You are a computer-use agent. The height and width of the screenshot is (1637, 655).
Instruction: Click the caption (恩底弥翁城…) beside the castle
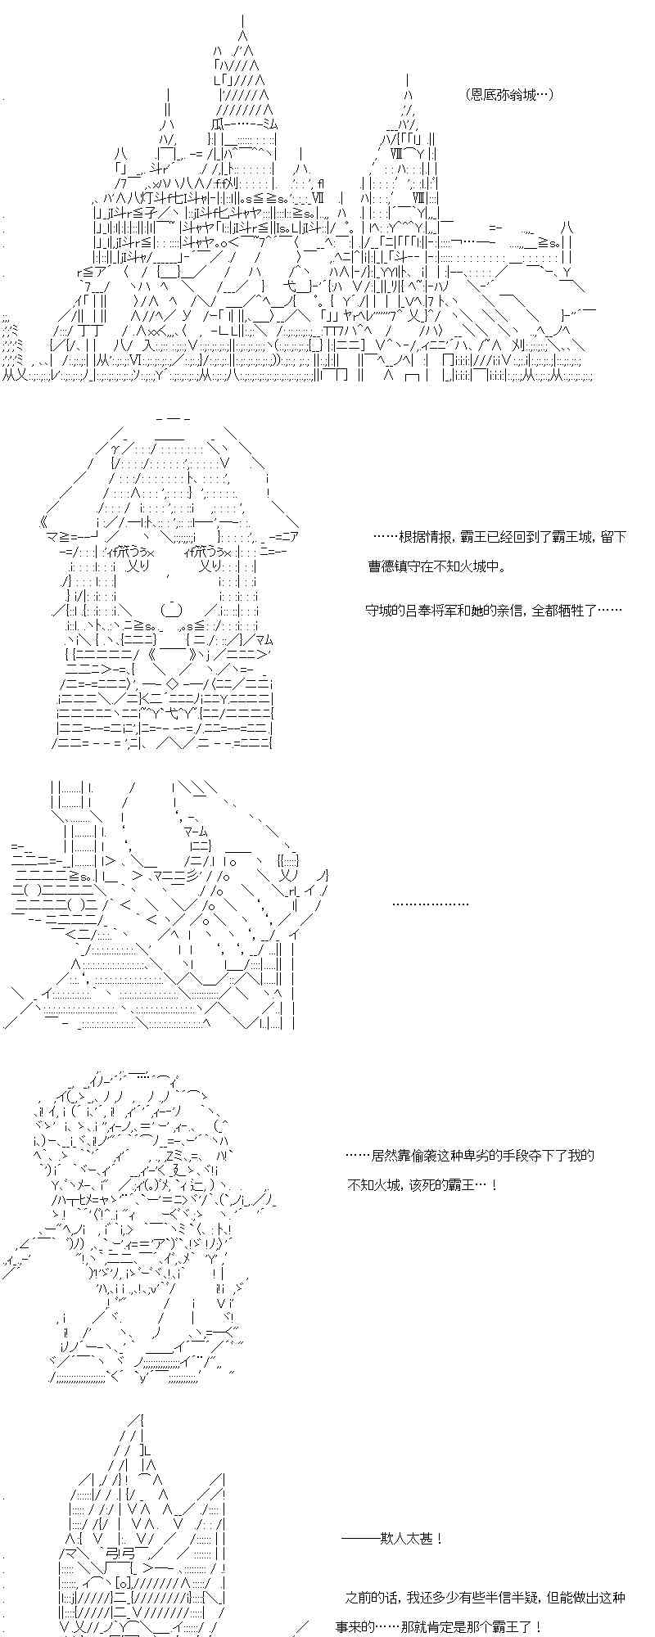coord(508,95)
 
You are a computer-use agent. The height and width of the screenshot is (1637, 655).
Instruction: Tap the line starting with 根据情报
coord(499,537)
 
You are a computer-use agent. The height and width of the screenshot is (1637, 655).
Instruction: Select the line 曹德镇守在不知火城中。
coord(436,566)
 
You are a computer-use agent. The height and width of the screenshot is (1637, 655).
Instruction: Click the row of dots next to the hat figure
coord(431,904)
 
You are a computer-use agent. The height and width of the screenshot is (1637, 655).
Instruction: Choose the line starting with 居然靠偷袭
coord(469,1155)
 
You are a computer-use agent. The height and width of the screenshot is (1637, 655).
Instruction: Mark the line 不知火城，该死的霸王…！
coord(422,1184)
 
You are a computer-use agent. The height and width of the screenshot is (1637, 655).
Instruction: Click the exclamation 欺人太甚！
coord(392,1538)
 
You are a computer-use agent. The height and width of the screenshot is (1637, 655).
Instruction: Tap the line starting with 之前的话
coord(486,1597)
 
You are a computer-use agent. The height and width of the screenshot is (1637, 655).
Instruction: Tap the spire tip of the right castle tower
coord(408,78)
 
